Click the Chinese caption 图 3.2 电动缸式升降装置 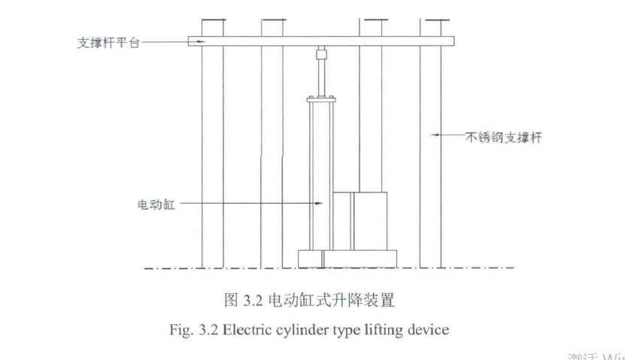[310, 301]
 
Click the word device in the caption [432, 329]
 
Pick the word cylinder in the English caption [318, 329]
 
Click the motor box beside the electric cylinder [360, 222]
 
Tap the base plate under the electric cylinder [347, 259]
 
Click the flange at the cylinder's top [320, 98]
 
